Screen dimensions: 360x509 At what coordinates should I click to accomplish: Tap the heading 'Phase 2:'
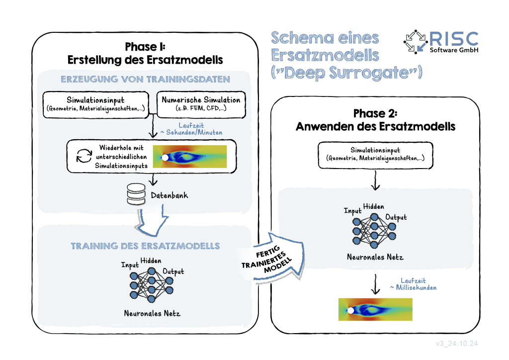pos(375,112)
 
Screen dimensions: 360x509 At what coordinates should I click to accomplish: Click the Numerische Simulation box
pos(201,104)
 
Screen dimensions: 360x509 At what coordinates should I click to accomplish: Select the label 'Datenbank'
pos(170,196)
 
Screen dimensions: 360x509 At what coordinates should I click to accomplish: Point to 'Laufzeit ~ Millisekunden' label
pos(413,284)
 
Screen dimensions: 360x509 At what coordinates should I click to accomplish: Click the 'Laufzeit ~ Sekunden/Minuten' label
pos(190,129)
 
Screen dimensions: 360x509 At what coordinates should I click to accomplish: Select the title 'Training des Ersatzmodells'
pos(145,246)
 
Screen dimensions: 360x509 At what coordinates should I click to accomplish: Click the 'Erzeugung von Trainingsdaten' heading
pos(145,79)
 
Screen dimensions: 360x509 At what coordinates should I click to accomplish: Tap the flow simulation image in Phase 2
pos(375,309)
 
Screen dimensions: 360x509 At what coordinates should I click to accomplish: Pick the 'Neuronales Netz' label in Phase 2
pos(375,257)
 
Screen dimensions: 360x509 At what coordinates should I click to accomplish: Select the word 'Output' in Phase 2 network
pos(396,217)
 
